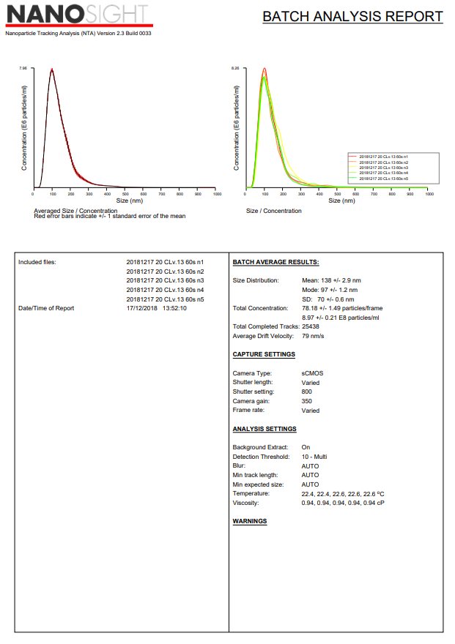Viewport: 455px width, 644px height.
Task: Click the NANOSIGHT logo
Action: pos(78,16)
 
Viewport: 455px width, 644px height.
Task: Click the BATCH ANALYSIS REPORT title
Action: pos(352,17)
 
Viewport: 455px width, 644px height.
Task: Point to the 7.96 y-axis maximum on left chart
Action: pos(23,68)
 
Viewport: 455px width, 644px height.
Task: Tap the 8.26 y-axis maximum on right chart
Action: pos(235,68)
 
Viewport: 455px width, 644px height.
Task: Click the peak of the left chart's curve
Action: pos(52,70)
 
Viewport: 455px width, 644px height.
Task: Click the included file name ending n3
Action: pos(165,280)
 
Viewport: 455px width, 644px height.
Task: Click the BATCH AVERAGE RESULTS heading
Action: pos(275,262)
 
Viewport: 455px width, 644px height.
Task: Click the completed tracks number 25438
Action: pos(311,327)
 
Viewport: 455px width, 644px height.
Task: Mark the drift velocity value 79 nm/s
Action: pos(313,337)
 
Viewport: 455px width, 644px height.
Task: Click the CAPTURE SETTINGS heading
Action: pos(264,355)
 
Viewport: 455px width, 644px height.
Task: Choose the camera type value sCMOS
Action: pos(312,373)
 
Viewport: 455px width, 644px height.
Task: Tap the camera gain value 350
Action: pos(306,401)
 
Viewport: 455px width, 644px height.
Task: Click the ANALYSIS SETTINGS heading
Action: pos(265,430)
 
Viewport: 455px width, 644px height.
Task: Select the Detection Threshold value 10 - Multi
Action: pos(314,457)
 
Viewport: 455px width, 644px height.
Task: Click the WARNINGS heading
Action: pos(250,522)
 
